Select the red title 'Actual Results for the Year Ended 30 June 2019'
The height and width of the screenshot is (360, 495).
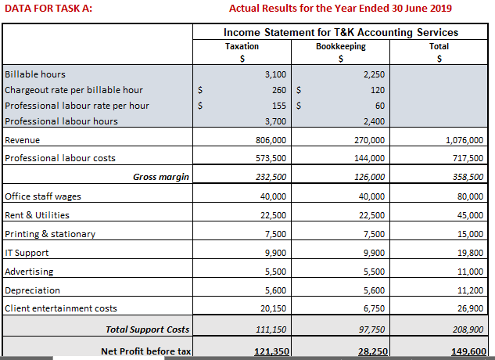[x=340, y=9]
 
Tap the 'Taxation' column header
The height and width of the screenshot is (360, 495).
[x=242, y=47]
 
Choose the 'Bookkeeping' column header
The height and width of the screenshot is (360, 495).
[x=340, y=47]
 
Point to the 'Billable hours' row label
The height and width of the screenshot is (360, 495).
[x=35, y=74]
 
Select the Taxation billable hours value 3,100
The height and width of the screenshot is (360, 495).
[x=275, y=74]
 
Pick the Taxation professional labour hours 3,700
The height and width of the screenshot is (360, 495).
[x=275, y=121]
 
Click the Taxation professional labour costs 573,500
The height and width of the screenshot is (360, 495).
[x=271, y=158]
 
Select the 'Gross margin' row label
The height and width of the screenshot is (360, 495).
[x=161, y=177]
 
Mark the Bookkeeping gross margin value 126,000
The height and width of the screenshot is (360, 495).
[x=370, y=177]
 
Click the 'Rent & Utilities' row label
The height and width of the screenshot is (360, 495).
[x=37, y=215]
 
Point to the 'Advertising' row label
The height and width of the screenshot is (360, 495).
[x=30, y=272]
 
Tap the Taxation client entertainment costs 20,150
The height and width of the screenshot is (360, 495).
[x=273, y=308]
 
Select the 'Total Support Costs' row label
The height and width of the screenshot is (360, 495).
[x=148, y=329]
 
